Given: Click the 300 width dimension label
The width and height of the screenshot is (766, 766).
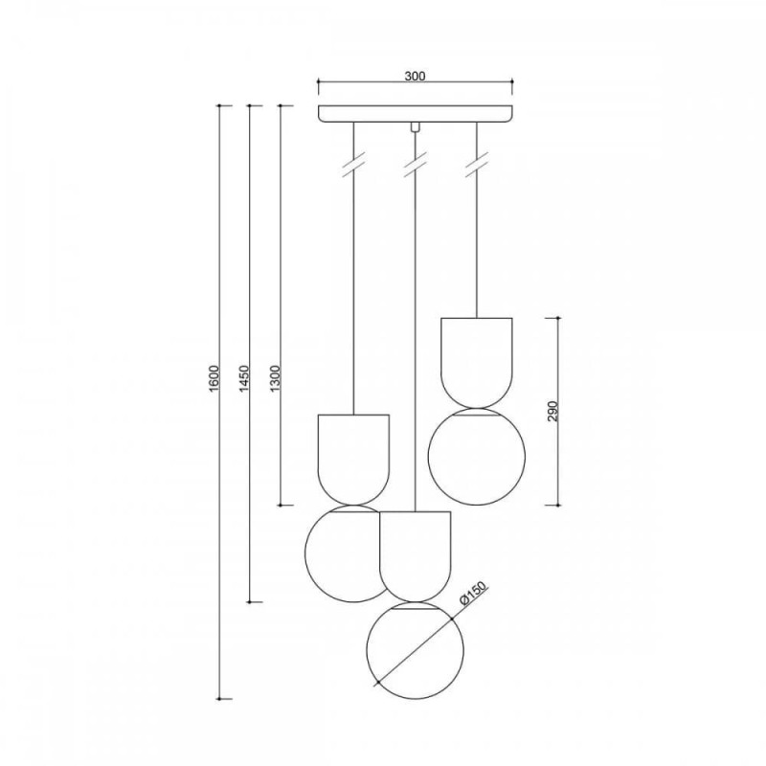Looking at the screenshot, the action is coord(415,77).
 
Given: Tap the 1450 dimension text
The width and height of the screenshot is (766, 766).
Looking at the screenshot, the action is coord(245,377).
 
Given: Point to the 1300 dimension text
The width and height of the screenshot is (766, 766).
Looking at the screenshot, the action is coord(276,377).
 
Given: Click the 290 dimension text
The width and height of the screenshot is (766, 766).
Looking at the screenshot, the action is coord(552,412).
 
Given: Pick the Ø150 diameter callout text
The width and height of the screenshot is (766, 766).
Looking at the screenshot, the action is coord(474,595).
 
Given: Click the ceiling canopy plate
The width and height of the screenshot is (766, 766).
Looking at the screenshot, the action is coord(416,113).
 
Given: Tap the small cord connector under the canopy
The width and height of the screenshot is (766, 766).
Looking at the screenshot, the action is coord(415,126).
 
